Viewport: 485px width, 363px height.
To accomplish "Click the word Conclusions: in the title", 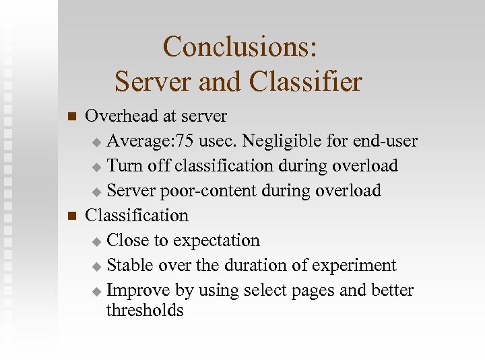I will (240, 47).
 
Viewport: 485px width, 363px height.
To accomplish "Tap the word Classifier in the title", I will (305, 82).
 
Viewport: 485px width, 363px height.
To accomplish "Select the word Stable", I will (130, 266).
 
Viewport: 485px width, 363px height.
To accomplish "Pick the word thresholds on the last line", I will (145, 311).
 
